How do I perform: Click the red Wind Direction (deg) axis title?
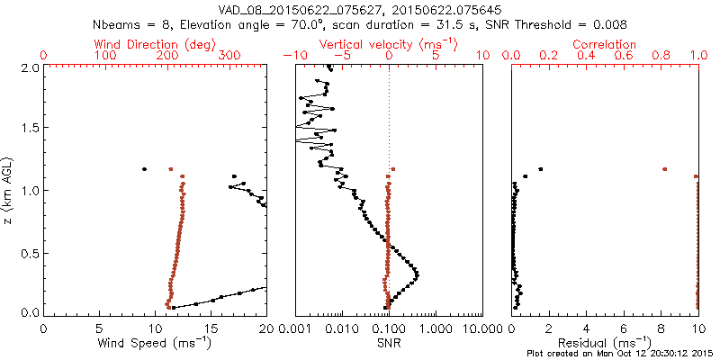coord(156,44)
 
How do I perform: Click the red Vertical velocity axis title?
coord(388,44)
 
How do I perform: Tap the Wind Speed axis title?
coord(156,344)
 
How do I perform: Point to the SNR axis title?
coord(388,344)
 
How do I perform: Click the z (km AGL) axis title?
coord(8,190)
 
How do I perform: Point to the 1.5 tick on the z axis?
coord(31,129)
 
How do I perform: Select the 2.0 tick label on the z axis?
coord(31,67)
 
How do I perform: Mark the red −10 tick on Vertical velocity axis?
coord(295,56)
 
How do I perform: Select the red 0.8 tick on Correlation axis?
coord(661,56)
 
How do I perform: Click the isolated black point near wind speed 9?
coord(144,168)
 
